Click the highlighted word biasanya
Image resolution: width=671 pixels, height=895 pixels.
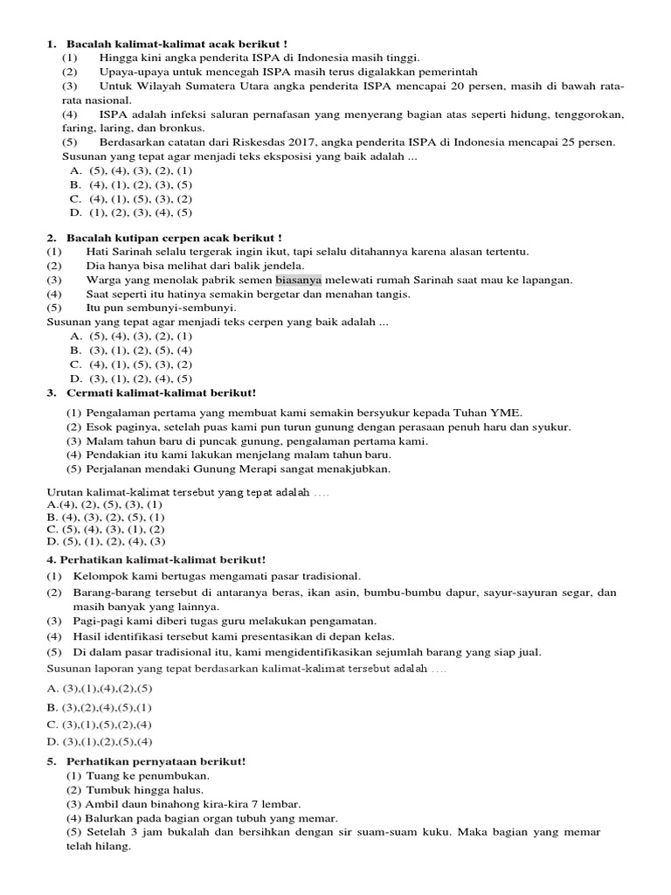pos(299,280)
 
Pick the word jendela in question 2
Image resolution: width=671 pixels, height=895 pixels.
pos(281,266)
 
